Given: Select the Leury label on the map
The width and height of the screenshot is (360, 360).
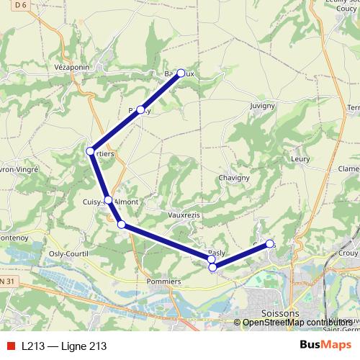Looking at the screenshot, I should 300,159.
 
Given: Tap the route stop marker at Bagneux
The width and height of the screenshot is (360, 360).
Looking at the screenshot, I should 181,73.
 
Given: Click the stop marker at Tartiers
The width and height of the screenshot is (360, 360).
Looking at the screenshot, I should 91,151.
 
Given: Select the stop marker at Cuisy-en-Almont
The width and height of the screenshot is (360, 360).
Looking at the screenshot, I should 108,200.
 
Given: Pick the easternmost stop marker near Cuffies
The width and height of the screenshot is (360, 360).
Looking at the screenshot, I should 270,244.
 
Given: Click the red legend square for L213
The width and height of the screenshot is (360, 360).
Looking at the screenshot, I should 9,346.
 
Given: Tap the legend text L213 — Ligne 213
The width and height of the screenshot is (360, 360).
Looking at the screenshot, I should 64,346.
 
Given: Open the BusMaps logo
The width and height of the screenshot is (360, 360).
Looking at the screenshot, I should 325,346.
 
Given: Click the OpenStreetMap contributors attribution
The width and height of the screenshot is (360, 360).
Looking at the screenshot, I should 296,323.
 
